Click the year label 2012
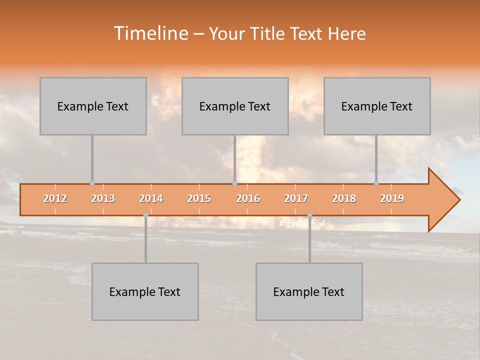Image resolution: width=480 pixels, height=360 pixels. (55, 198)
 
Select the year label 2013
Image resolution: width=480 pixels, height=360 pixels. (103, 198)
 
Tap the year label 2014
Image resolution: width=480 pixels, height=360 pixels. (151, 198)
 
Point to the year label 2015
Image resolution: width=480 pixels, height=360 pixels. (199, 198)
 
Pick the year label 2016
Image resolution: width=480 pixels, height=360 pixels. (248, 198)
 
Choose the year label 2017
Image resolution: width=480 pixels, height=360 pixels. (296, 198)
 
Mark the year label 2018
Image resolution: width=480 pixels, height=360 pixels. (344, 198)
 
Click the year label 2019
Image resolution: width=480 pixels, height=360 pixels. (392, 198)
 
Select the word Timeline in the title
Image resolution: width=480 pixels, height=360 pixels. (150, 33)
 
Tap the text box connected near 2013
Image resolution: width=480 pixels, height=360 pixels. (93, 106)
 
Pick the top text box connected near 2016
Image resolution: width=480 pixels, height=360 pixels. (235, 106)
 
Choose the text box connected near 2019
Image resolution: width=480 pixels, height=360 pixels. (377, 106)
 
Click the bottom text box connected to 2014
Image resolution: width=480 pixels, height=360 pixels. (145, 291)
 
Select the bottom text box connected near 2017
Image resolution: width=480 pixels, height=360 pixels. (309, 291)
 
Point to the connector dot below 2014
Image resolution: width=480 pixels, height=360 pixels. (145, 215)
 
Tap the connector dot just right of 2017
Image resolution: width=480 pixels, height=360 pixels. (309, 215)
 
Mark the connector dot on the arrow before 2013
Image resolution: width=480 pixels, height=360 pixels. (92, 183)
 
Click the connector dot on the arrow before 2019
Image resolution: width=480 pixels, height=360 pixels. (376, 183)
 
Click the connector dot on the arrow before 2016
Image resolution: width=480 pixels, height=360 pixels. (234, 183)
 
